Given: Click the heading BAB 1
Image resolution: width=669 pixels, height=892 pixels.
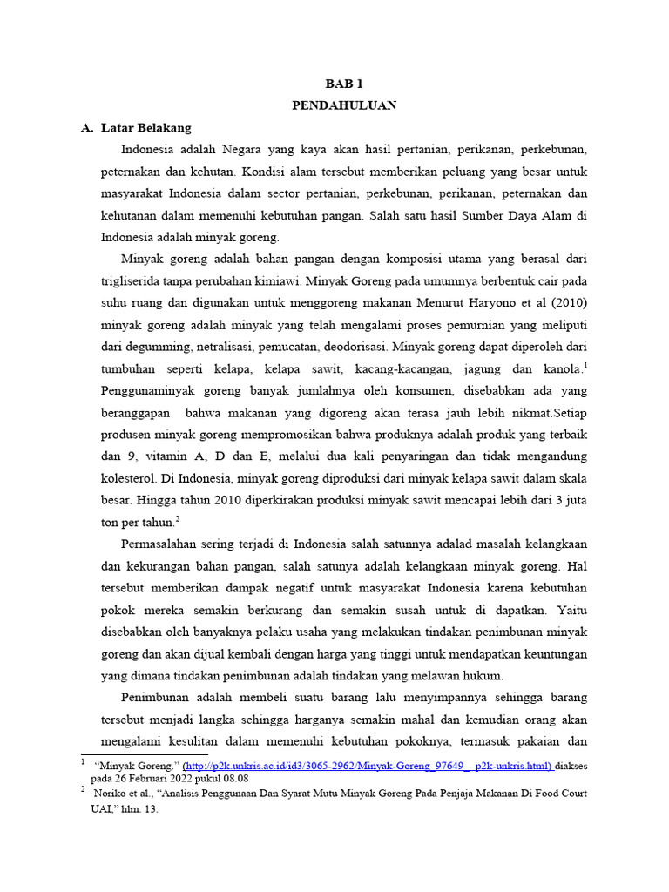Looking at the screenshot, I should tap(343, 84).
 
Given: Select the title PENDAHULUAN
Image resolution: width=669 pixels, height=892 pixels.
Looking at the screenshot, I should tap(343, 105).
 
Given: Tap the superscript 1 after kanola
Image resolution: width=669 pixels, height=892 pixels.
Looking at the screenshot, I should tap(585, 365).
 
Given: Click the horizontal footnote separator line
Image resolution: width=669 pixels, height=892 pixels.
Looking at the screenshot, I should tap(144, 754).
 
